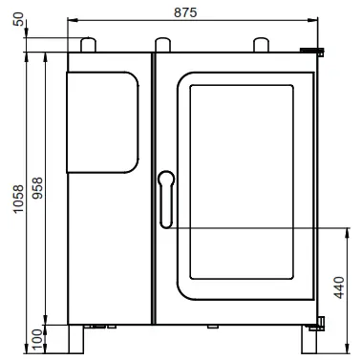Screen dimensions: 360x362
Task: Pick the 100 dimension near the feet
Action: pyautogui.click(x=36, y=339)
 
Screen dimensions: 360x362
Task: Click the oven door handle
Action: pyautogui.click(x=165, y=198)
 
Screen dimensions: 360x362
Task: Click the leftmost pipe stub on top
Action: pyautogui.click(x=89, y=44)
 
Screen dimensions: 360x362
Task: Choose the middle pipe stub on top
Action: pyautogui.click(x=163, y=44)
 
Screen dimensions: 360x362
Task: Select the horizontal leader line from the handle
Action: pyautogui.click(x=258, y=227)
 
